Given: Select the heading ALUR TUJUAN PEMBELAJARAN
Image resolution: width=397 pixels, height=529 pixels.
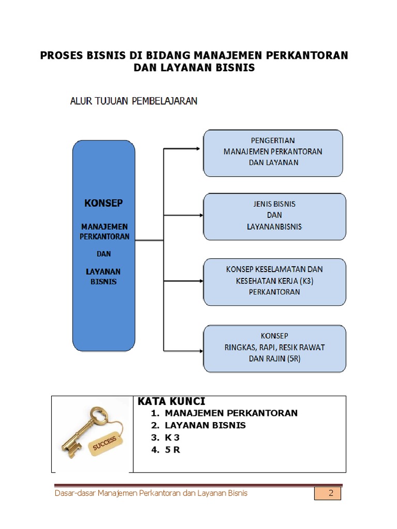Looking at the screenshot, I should point(133,101).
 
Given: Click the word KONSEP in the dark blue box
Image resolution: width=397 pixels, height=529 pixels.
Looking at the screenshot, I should point(103,203).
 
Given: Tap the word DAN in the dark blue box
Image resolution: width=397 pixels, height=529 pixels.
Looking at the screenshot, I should point(103,254).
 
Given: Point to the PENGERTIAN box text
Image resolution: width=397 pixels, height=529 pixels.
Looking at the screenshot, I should point(272,141).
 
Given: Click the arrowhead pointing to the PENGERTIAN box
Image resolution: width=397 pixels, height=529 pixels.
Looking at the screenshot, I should point(197,149).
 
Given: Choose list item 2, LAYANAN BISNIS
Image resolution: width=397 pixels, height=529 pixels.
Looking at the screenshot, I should point(205,425).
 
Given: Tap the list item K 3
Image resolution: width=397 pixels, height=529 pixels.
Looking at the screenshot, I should point(173,438).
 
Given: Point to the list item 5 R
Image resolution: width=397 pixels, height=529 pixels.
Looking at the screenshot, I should point(173,449).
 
